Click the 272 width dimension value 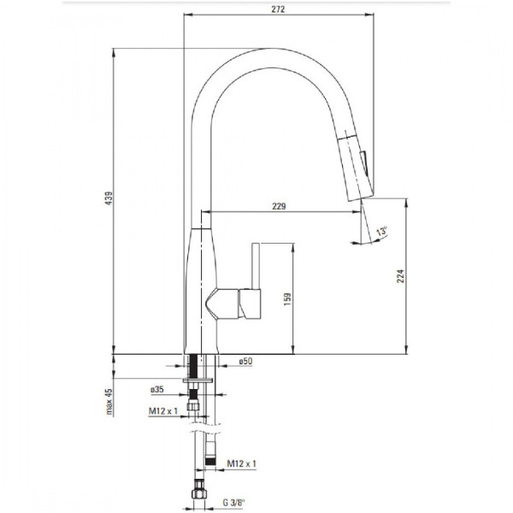click(x=278, y=9)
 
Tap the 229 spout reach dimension click(x=279, y=206)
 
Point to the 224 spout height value click(x=400, y=276)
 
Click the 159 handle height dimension click(x=287, y=299)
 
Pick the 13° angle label click(x=381, y=231)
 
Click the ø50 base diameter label click(x=245, y=361)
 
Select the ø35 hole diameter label click(x=157, y=389)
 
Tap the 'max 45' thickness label click(x=109, y=402)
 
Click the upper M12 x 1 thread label click(x=163, y=411)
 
